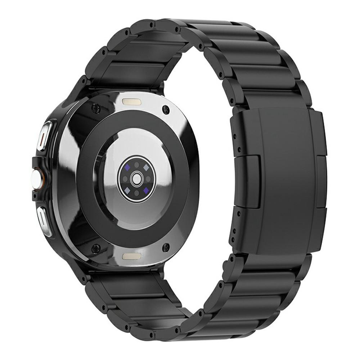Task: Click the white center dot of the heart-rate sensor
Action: tap(136, 178)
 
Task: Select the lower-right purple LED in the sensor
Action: tap(147, 189)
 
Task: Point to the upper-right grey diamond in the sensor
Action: tap(147, 167)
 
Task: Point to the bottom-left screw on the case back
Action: tap(96, 248)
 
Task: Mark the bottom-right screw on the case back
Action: tap(166, 247)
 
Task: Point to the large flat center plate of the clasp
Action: tap(284, 180)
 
